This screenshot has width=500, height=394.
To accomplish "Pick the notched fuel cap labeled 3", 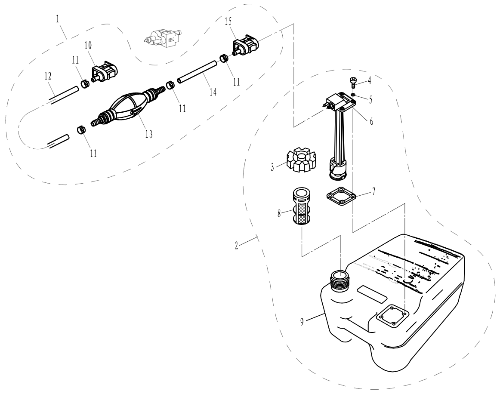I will click(297, 161).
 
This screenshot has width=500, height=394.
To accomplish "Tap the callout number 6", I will click(371, 122).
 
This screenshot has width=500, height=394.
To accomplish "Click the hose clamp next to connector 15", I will click(224, 58).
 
